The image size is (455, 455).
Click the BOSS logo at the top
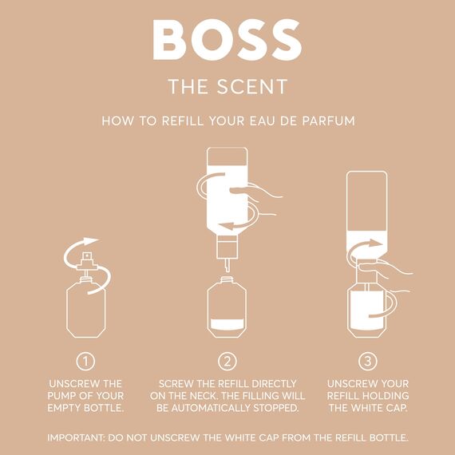(x=227, y=39)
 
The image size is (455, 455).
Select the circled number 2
(x=227, y=361)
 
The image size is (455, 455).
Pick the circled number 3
(x=368, y=361)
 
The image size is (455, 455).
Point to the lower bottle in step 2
(x=227, y=307)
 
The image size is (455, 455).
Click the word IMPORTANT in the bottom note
(x=81, y=437)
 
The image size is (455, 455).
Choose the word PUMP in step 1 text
(x=65, y=397)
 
